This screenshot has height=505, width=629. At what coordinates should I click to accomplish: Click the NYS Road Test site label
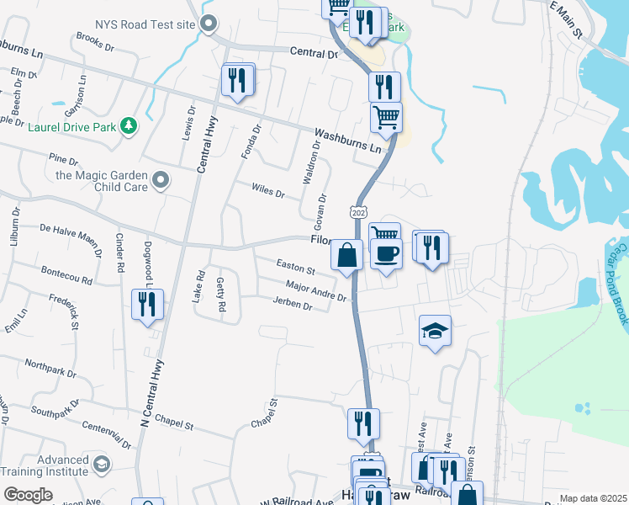(145, 24)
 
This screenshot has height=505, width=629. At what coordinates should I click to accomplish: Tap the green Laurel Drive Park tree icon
(129, 125)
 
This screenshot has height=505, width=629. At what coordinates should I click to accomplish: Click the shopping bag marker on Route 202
(347, 254)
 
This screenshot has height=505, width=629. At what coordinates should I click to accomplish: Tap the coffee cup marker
(386, 253)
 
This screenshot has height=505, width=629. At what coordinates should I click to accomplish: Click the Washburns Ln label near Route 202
(347, 140)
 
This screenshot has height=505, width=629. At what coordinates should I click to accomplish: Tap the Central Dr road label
(313, 53)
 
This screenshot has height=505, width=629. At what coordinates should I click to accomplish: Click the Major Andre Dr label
(315, 292)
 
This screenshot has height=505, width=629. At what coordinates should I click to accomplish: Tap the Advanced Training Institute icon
(102, 465)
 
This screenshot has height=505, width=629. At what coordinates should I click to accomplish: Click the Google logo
(29, 495)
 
